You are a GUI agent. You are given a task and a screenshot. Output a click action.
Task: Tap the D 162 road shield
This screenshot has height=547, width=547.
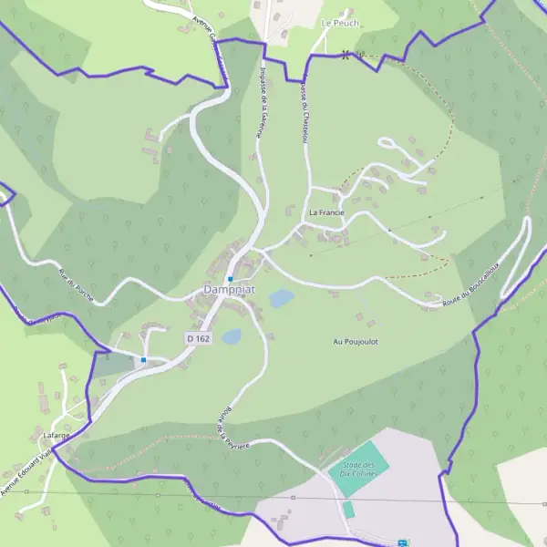199,338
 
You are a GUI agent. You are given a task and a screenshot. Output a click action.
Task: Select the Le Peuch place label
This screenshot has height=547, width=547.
340,23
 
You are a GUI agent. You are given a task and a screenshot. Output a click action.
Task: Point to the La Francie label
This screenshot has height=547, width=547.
325,212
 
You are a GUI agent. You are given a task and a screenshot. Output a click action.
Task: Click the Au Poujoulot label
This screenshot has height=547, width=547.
356,342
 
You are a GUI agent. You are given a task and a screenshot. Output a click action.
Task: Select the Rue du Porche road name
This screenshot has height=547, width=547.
76,287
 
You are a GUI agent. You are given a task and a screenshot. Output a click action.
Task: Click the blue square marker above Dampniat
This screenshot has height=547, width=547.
232,278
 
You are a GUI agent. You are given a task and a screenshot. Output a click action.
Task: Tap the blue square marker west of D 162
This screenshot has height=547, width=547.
144,360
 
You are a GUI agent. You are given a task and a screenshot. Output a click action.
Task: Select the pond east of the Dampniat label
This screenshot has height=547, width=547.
281,298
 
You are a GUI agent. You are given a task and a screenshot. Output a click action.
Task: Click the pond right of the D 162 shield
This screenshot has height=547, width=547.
232,336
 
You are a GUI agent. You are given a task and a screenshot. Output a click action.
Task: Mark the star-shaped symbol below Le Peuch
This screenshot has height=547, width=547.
346,54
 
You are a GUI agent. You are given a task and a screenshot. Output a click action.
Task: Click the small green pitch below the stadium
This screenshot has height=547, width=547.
348,509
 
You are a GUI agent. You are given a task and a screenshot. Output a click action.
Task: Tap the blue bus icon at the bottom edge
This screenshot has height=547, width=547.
403,542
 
